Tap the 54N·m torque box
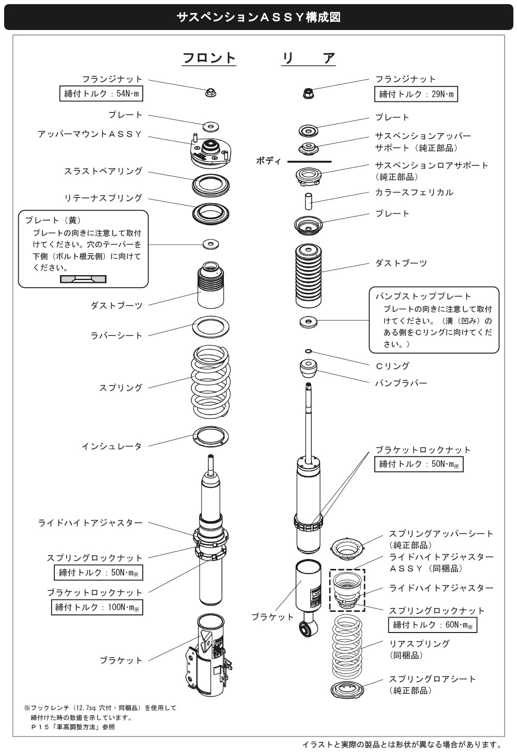(x=101, y=94)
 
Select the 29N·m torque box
(x=416, y=94)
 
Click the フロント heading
(x=209, y=58)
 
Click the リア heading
(x=309, y=58)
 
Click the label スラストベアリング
(x=103, y=171)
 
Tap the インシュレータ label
(x=111, y=446)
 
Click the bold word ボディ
(x=268, y=161)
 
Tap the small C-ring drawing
(x=308, y=351)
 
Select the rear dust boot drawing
(x=308, y=274)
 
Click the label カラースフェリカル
(x=414, y=192)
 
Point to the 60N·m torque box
(x=432, y=625)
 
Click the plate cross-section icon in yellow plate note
(x=83, y=279)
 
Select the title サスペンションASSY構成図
(x=258, y=17)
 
